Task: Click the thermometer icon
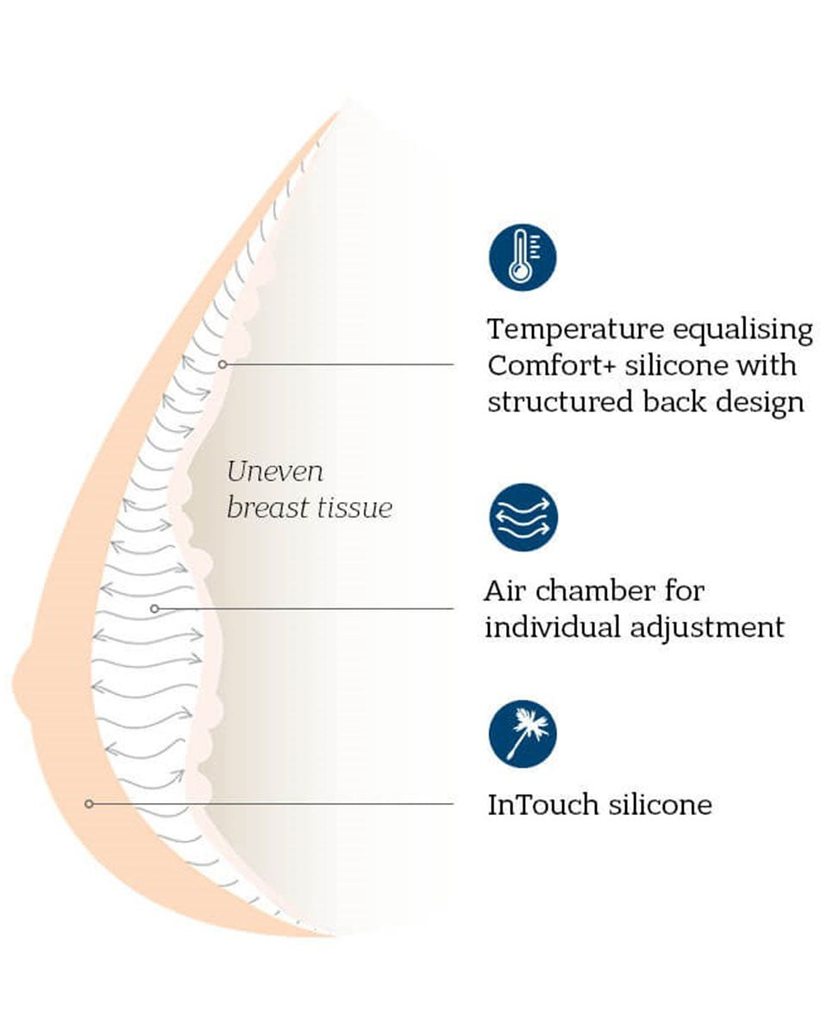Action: point(523,256)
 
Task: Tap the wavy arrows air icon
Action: point(523,517)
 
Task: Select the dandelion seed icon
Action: point(523,733)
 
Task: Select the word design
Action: point(762,403)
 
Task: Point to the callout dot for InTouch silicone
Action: point(89,804)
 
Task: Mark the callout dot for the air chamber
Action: point(154,608)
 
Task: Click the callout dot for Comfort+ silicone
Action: point(222,364)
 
